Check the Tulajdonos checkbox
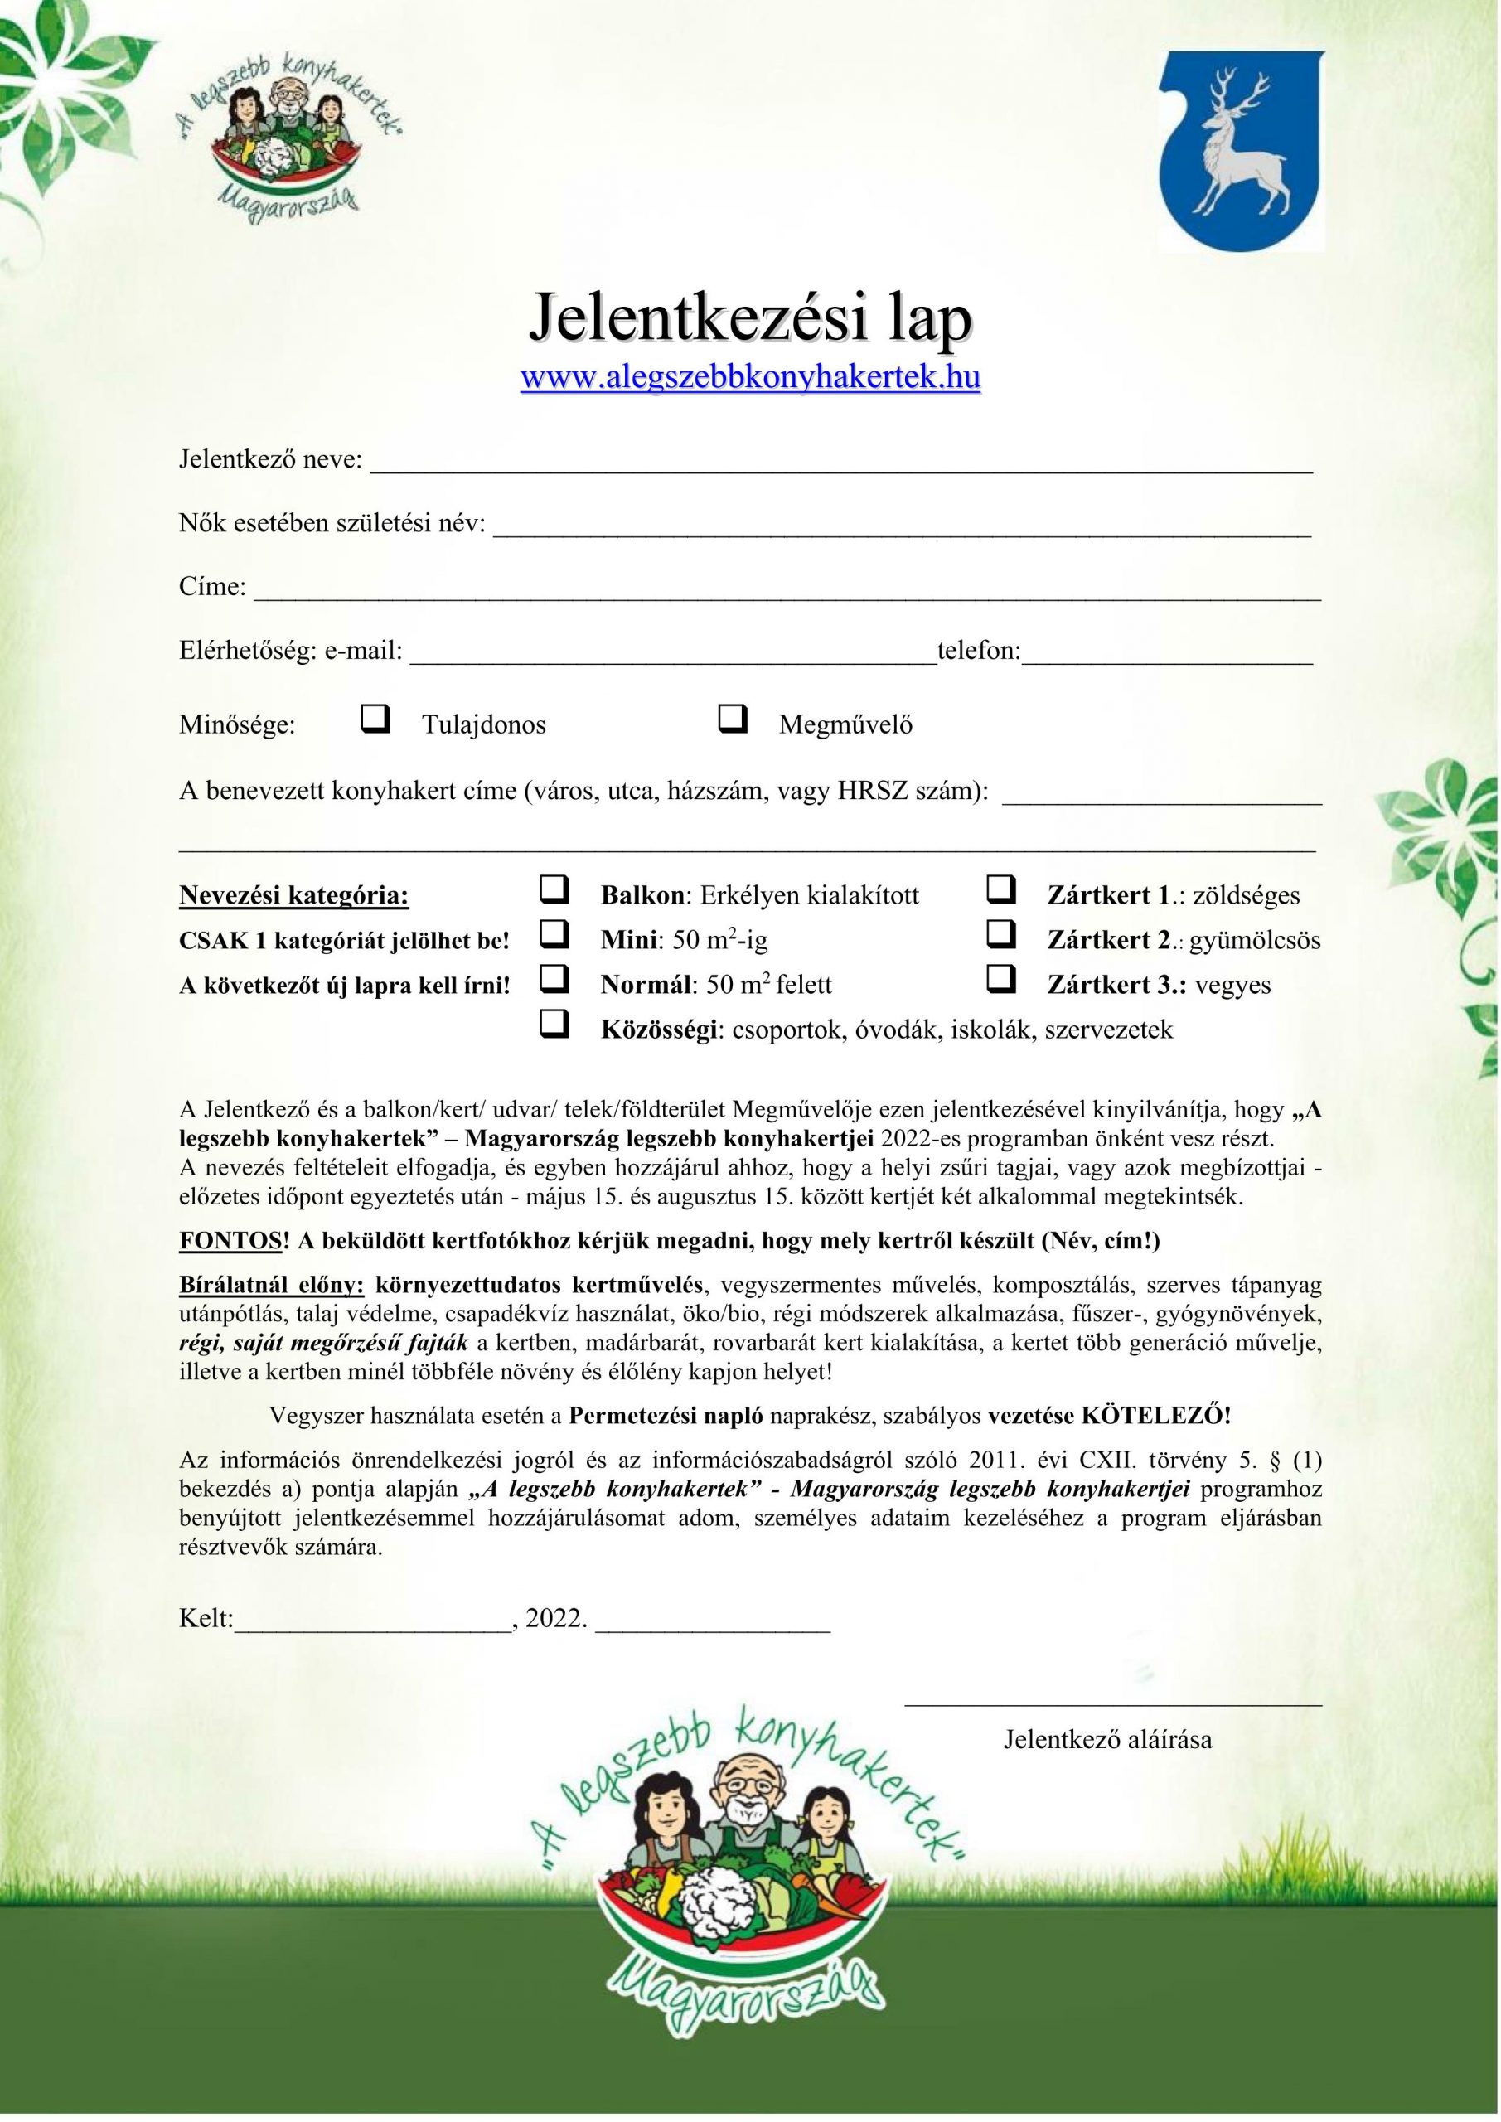pos(375,718)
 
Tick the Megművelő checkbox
pos(733,718)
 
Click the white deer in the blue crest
pos(1238,148)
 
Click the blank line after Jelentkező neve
pos(841,468)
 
